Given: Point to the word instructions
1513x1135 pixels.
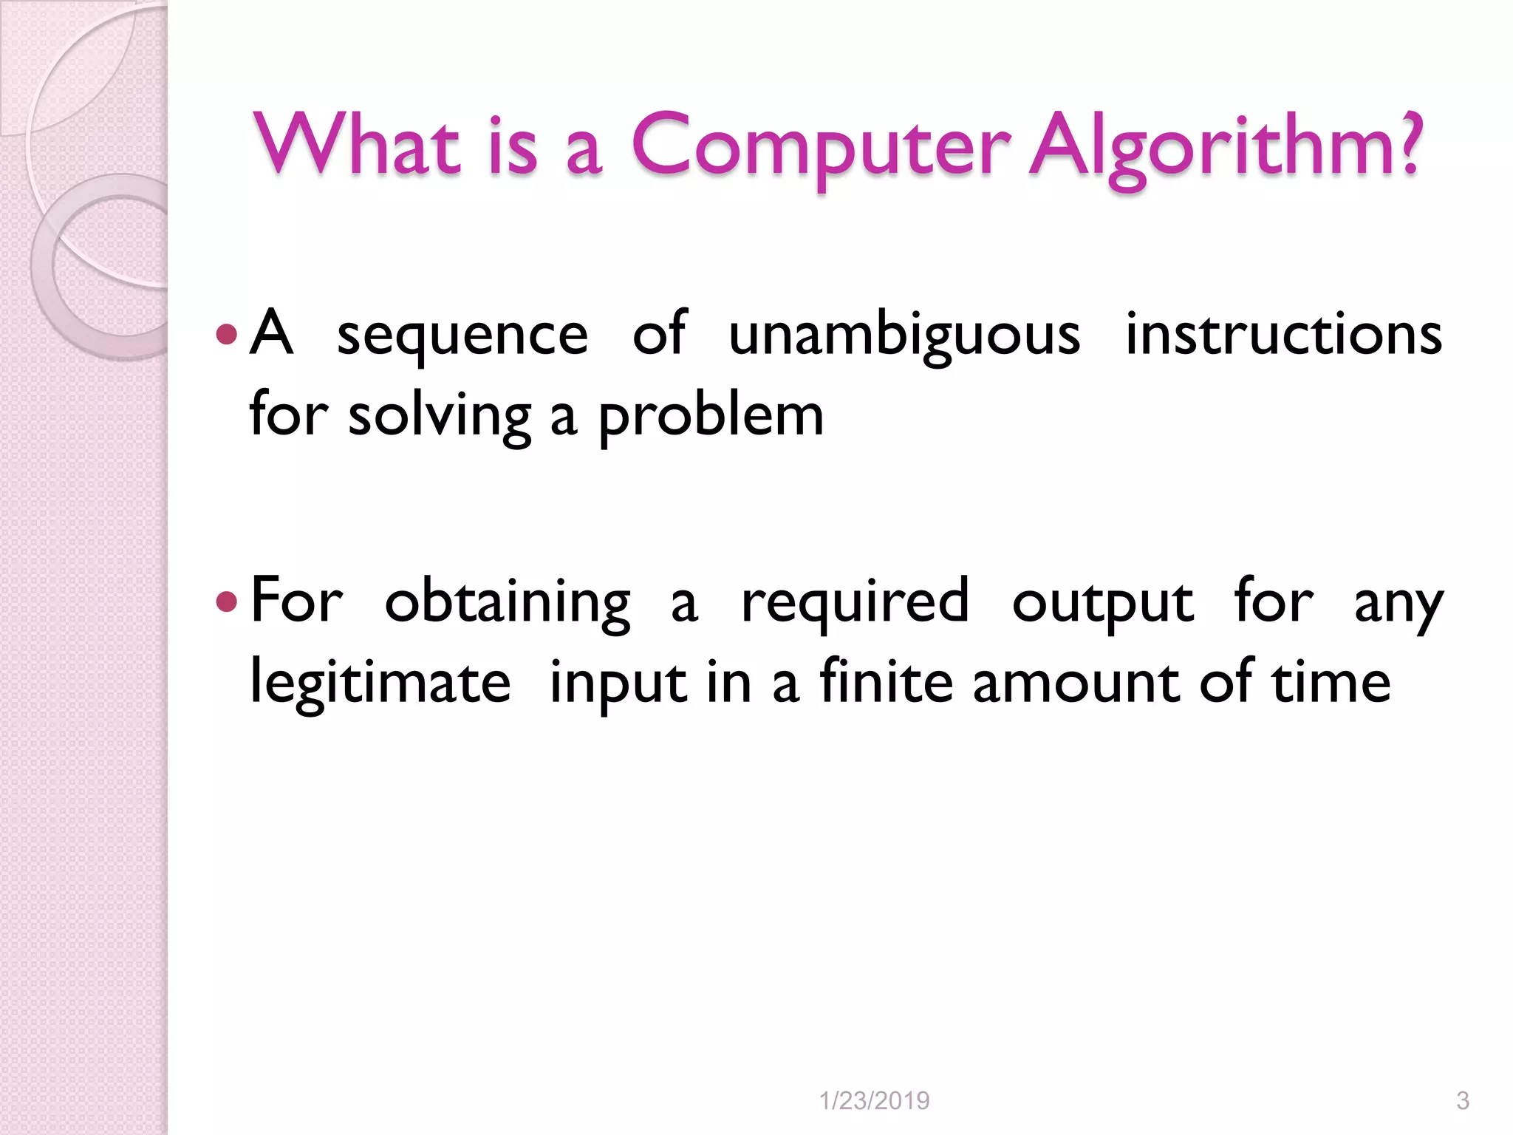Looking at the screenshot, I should pyautogui.click(x=1283, y=334).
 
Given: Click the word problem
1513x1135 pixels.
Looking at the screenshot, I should pyautogui.click(x=710, y=416).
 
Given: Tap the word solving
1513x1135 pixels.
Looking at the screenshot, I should pyautogui.click(x=440, y=416).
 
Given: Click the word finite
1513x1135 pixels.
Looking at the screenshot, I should pyautogui.click(x=887, y=681).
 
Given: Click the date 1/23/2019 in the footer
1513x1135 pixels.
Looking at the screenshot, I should pyautogui.click(x=874, y=1101).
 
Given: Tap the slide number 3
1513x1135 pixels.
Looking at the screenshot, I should pyautogui.click(x=1462, y=1101).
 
